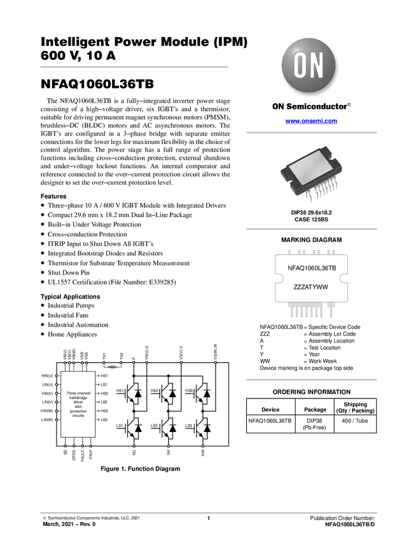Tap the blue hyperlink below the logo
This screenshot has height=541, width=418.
(x=311, y=121)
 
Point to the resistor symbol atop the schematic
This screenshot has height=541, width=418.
(x=113, y=367)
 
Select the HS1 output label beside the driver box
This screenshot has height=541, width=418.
(x=104, y=376)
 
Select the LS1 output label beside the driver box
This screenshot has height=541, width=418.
(x=104, y=385)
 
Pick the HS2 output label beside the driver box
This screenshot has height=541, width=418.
(x=104, y=394)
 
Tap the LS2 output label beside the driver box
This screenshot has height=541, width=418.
(x=104, y=402)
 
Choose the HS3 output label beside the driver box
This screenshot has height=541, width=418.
(x=104, y=411)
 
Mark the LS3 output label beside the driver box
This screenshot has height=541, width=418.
(x=104, y=420)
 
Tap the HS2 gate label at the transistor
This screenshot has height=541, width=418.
(x=155, y=390)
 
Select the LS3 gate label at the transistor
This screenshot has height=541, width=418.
(x=189, y=425)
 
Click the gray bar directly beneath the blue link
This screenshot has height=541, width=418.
(x=311, y=132)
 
